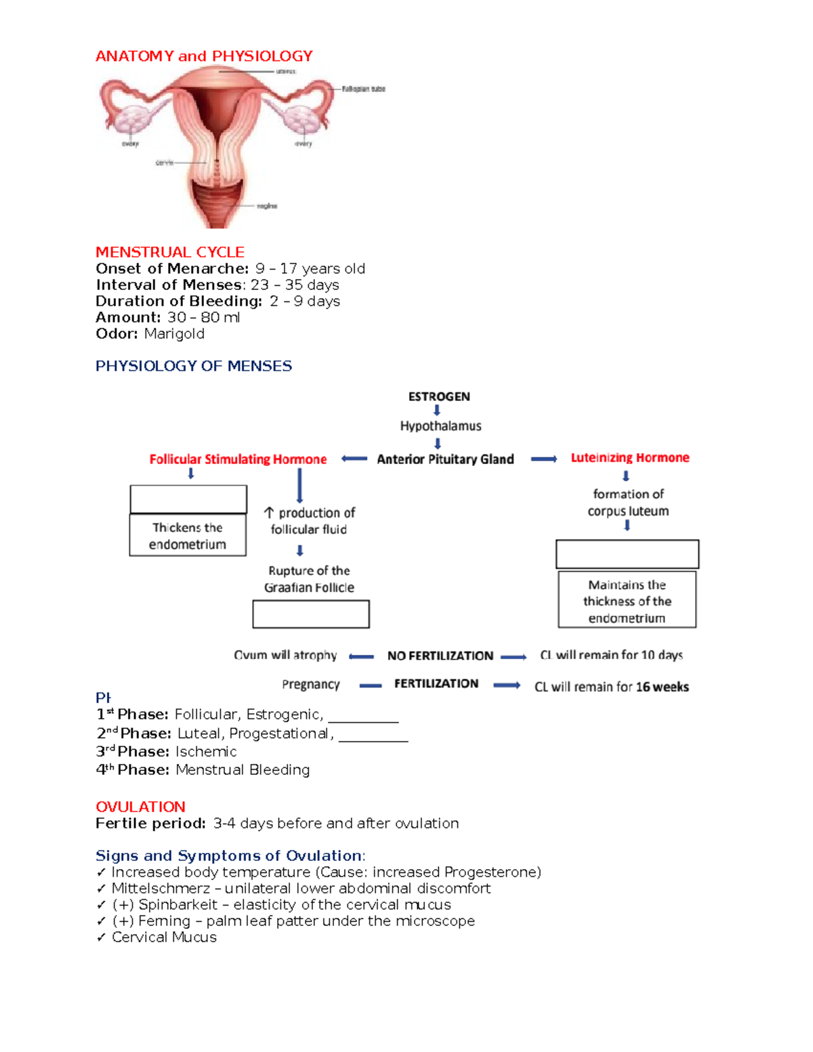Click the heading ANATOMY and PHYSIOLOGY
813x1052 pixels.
204,56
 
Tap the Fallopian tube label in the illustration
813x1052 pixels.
363,89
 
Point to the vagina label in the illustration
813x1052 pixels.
267,206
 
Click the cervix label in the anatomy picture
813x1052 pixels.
165,163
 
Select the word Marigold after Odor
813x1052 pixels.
174,334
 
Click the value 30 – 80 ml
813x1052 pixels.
203,318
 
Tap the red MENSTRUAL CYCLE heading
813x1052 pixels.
170,252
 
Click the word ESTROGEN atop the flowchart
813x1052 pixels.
439,397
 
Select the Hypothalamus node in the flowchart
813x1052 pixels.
440,426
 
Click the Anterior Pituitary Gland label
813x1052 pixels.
445,459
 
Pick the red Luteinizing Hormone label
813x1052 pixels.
630,458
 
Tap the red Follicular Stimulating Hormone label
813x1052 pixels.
238,459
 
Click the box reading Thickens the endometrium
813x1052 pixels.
188,536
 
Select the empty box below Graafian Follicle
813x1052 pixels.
311,614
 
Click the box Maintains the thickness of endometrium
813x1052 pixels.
627,601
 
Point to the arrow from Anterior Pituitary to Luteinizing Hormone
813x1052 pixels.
543,459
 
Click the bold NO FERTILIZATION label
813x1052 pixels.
440,656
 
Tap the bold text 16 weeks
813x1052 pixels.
662,687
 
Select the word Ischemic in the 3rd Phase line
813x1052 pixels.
206,752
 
